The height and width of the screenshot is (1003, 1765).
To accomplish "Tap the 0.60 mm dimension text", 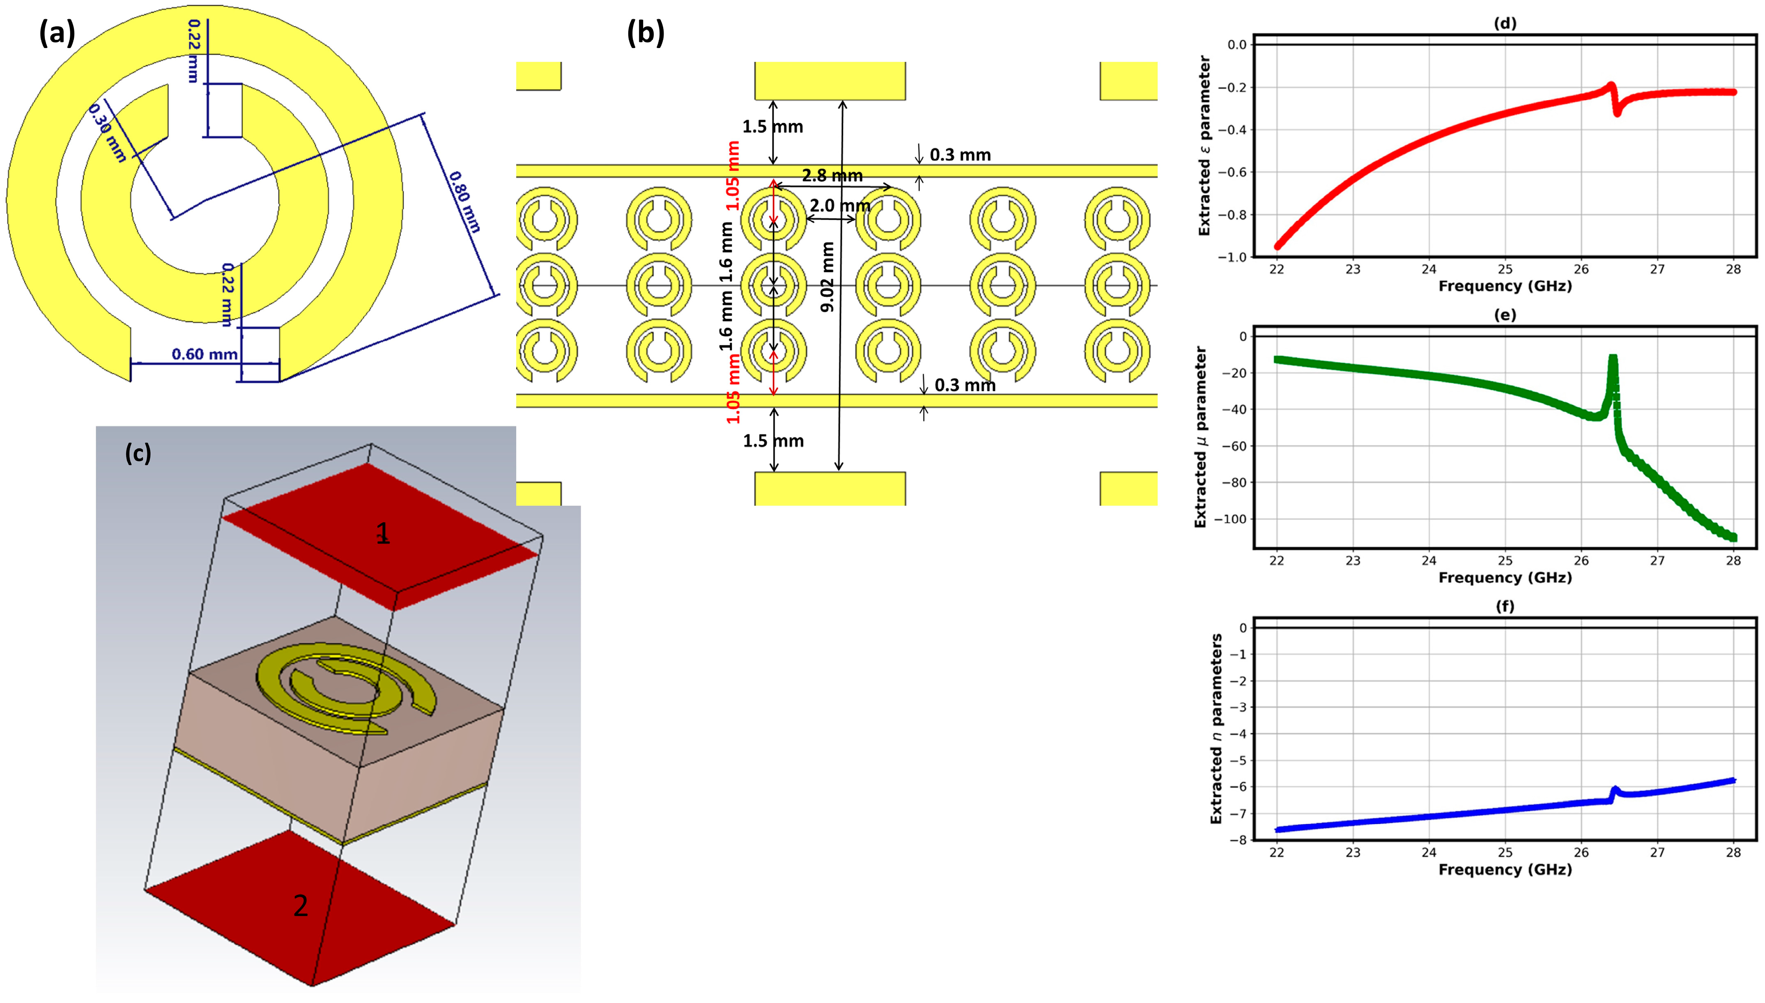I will coord(205,354).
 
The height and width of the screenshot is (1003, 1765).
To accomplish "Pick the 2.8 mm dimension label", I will coord(832,176).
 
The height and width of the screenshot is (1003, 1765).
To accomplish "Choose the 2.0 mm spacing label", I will coord(839,205).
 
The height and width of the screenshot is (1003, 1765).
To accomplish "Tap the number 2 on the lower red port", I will coord(300,906).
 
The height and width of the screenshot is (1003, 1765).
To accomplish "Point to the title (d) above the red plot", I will coord(1505,23).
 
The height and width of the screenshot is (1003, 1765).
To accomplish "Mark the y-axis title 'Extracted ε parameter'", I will coord(1204,146).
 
